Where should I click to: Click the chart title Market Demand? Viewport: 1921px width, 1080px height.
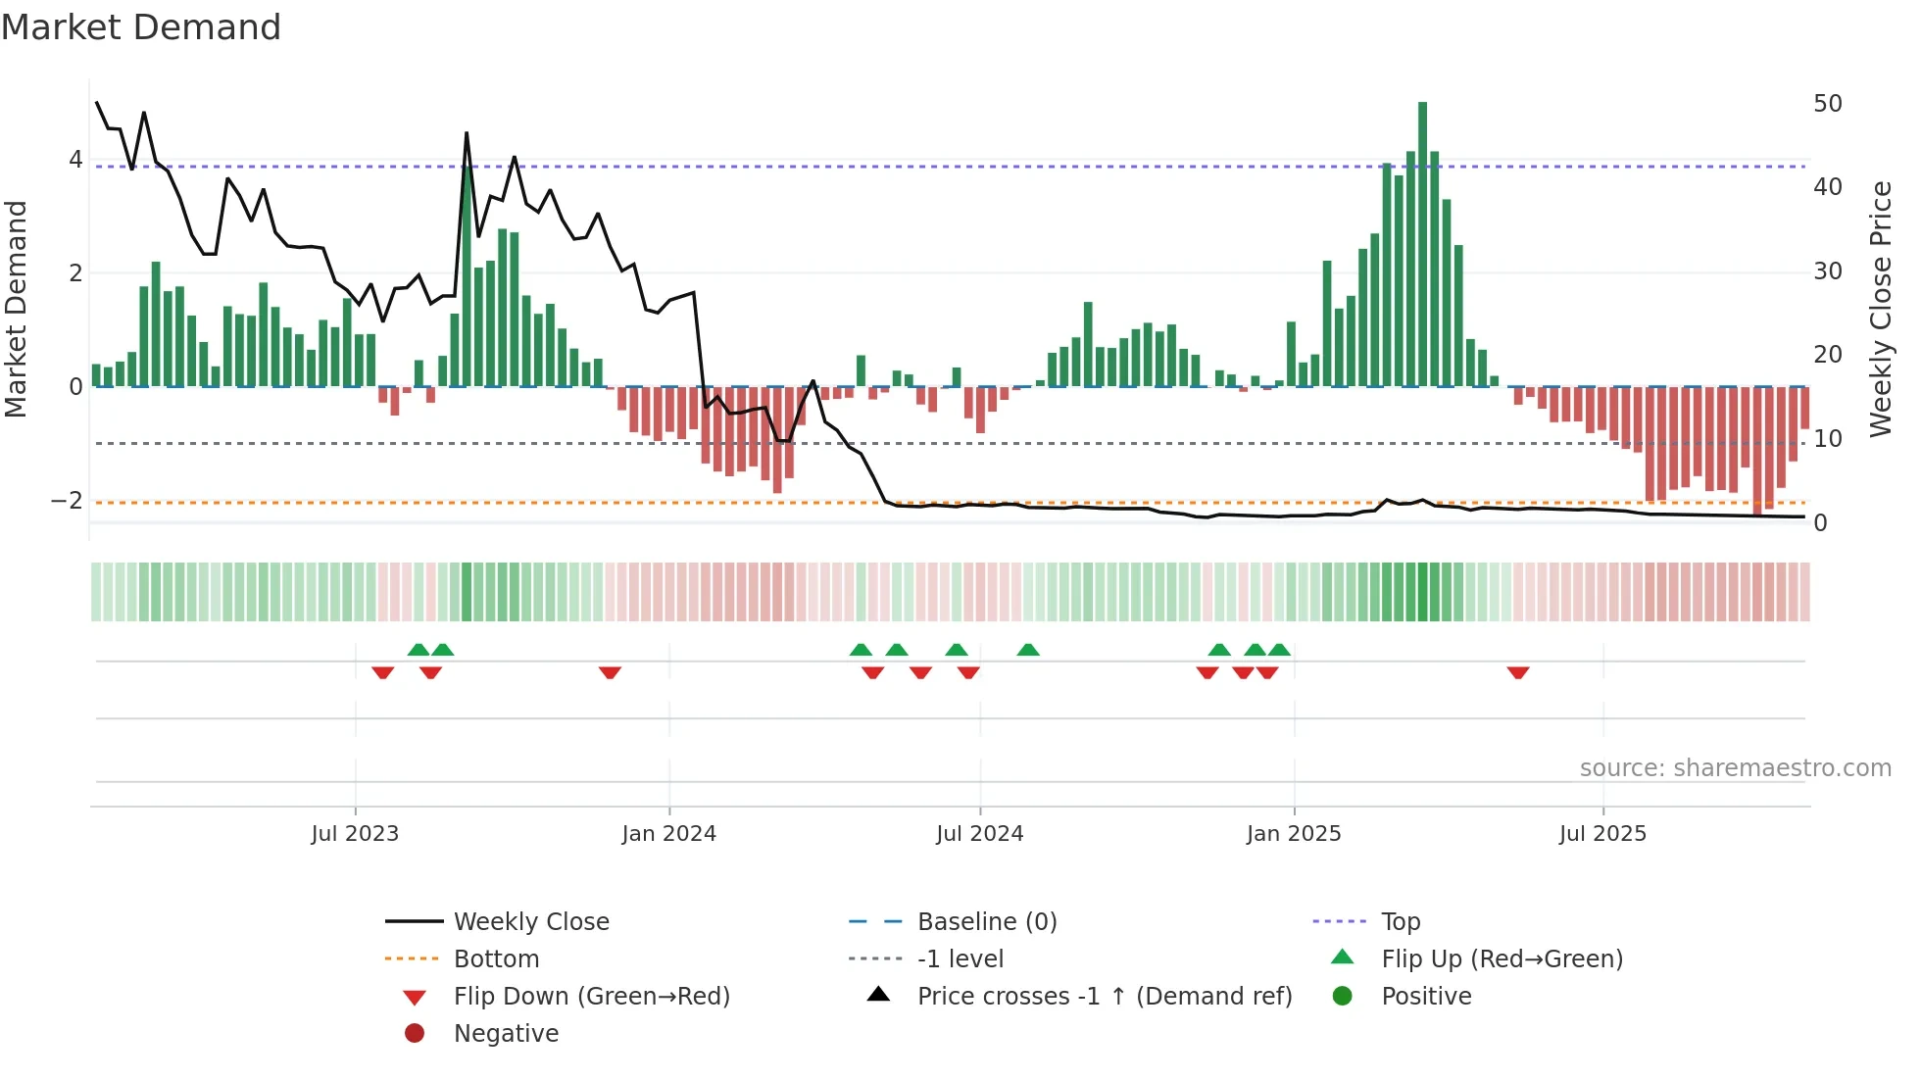[x=141, y=27]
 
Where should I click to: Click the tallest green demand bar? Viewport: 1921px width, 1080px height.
[x=1422, y=245]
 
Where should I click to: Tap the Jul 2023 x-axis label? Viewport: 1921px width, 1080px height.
[x=355, y=834]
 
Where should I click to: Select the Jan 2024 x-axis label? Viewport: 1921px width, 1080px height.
[x=668, y=834]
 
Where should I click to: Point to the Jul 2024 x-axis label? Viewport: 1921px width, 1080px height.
[x=979, y=834]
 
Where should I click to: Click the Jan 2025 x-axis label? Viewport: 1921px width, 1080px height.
[x=1293, y=834]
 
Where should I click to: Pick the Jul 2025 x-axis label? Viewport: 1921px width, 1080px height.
[x=1602, y=834]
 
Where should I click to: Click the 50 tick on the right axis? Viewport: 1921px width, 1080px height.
[x=1827, y=104]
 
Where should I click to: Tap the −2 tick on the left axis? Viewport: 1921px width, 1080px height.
[x=67, y=501]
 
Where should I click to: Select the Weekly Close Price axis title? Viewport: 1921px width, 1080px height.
[x=1880, y=309]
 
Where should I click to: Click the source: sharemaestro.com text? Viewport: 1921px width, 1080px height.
[x=1735, y=768]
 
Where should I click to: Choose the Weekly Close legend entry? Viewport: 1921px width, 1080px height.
[x=530, y=922]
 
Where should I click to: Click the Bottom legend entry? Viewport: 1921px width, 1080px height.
[x=496, y=959]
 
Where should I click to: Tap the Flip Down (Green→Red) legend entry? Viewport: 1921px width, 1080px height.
[x=591, y=997]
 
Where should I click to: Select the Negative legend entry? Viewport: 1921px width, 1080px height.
[x=506, y=1034]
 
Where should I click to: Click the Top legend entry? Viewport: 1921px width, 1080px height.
[x=1400, y=922]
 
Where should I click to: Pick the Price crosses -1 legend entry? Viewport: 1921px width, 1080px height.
[x=1104, y=997]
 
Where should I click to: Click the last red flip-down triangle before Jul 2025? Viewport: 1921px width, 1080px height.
[x=1518, y=672]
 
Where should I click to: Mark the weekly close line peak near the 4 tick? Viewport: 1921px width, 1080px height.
[x=467, y=133]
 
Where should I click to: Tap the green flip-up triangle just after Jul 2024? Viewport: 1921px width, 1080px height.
[x=1028, y=650]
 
